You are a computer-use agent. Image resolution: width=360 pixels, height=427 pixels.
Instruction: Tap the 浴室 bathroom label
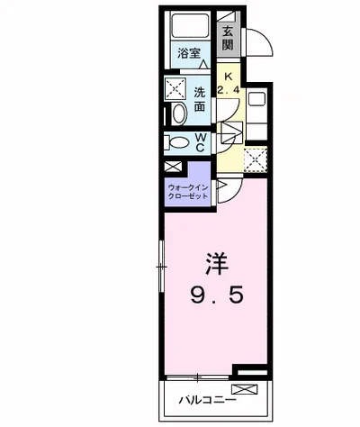pyautogui.click(x=188, y=54)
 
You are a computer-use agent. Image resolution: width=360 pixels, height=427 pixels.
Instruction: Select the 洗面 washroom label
pyautogui.click(x=199, y=99)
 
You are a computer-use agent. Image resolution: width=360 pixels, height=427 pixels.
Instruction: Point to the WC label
pyautogui.click(x=201, y=142)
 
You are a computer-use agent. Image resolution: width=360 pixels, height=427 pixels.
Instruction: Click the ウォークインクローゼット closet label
pyautogui.click(x=188, y=192)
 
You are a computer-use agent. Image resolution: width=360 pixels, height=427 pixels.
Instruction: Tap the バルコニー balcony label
pyautogui.click(x=208, y=400)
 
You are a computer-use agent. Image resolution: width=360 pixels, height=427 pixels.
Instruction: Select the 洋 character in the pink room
pyautogui.click(x=217, y=264)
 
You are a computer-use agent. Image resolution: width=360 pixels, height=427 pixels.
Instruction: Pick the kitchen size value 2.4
pyautogui.click(x=229, y=90)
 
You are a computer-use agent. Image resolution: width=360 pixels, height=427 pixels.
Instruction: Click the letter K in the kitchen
pyautogui.click(x=229, y=77)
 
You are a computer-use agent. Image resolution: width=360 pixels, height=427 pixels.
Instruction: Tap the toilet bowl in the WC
pyautogui.click(x=178, y=143)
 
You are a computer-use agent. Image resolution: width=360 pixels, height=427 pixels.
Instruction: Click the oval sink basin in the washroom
pyautogui.click(x=179, y=114)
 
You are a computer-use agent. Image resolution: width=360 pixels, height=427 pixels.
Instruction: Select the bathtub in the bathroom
pyautogui.click(x=190, y=25)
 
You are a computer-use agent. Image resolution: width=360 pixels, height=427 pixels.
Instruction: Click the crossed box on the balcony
pyautogui.click(x=245, y=389)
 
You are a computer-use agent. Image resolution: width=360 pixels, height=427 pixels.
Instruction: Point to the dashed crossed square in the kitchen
pyautogui.click(x=256, y=159)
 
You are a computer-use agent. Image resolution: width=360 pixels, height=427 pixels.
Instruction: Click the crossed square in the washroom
pyautogui.click(x=175, y=88)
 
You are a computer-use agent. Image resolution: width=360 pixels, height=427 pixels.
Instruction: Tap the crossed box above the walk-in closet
pyautogui.click(x=173, y=167)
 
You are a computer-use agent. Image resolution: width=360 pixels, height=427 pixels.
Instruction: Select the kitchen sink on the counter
pyautogui.click(x=256, y=98)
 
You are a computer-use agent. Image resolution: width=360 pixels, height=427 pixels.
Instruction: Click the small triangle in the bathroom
pyautogui.click(x=204, y=64)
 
